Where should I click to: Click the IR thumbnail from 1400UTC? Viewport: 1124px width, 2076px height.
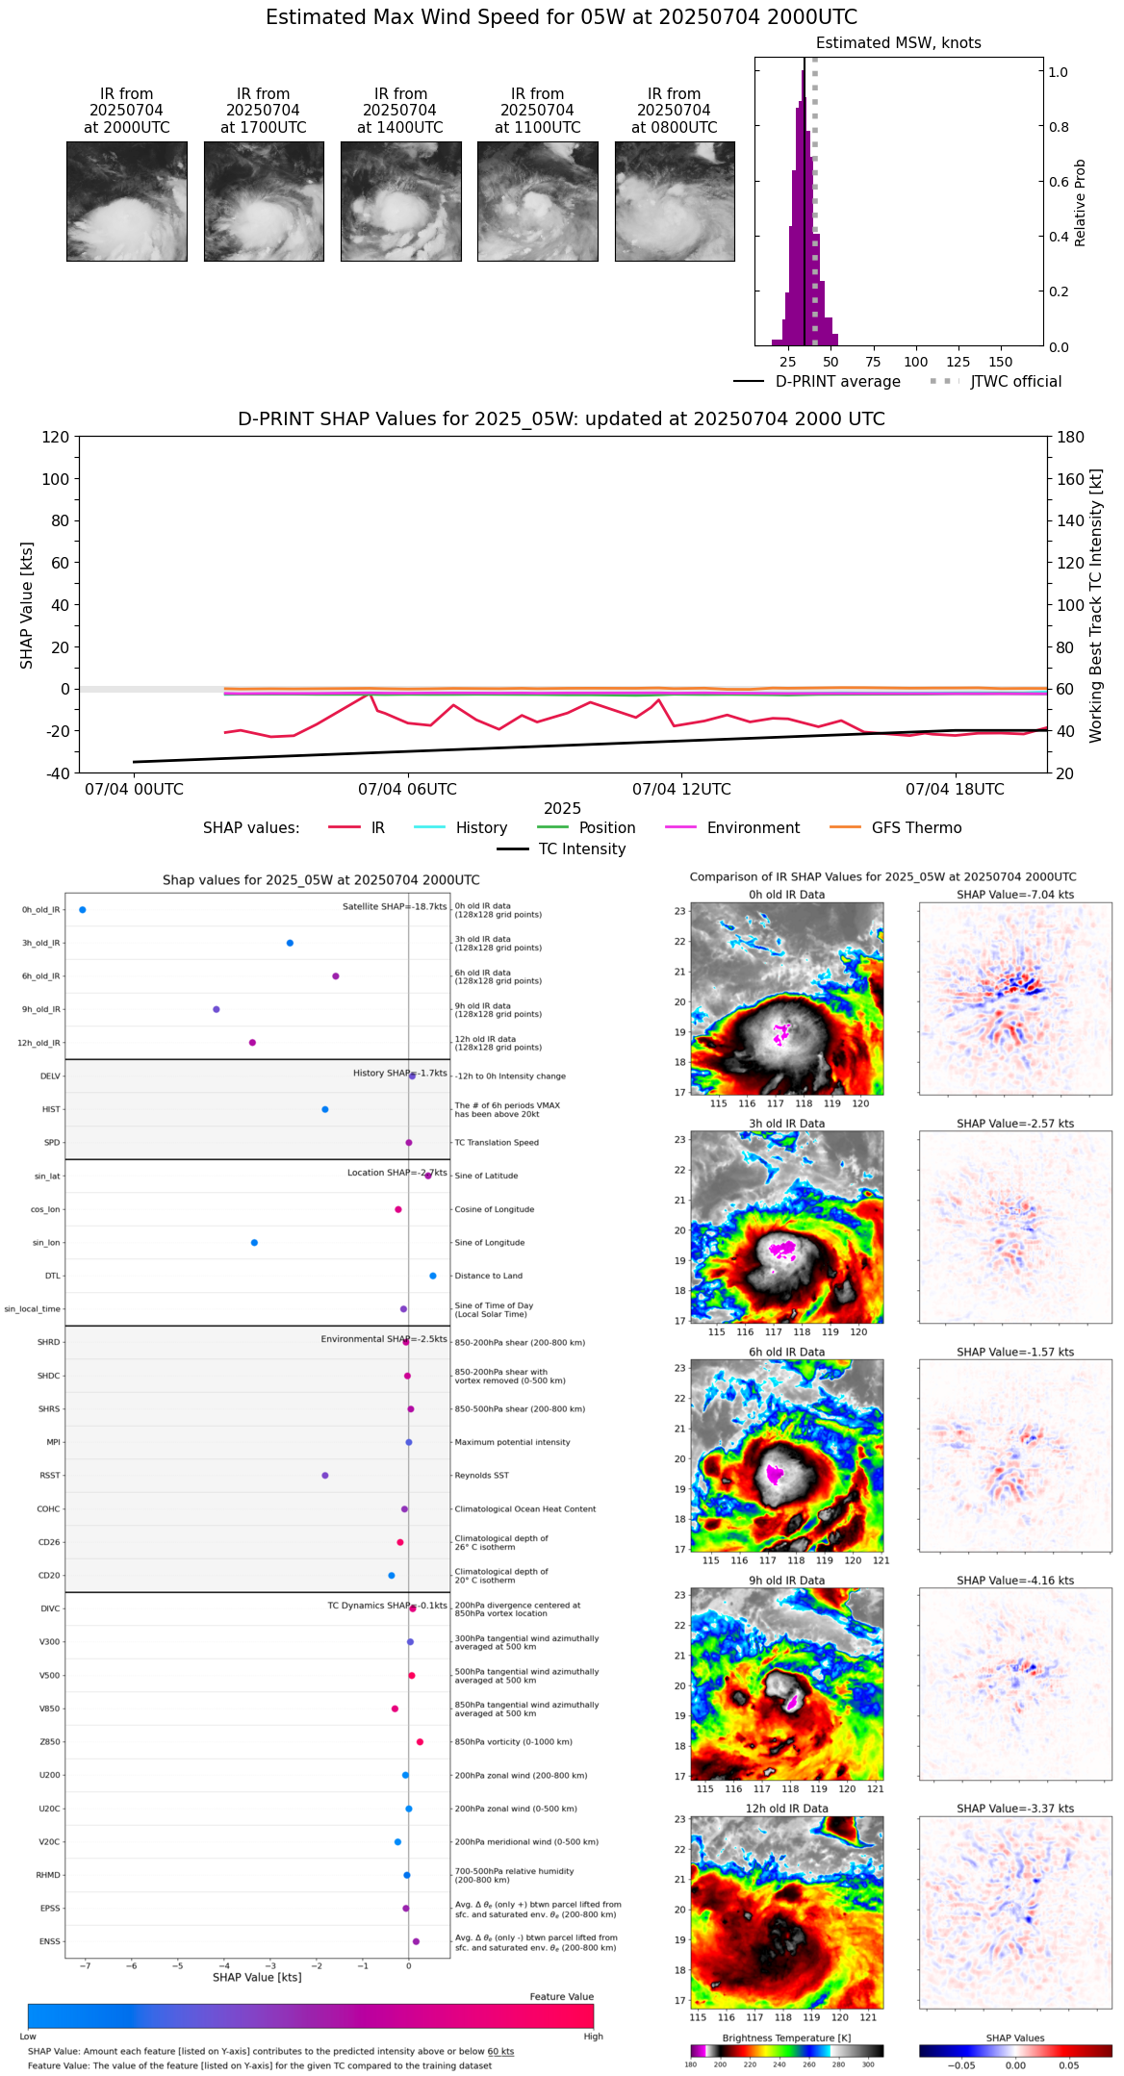tap(400, 201)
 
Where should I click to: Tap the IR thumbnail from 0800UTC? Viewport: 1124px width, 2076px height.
tap(675, 201)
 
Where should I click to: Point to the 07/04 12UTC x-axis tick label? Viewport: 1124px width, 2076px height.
tap(681, 790)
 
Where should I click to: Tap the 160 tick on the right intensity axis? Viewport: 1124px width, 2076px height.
tap(1071, 479)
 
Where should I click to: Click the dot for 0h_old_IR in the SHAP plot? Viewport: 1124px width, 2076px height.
tap(83, 910)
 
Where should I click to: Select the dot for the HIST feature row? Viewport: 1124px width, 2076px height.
tap(325, 1110)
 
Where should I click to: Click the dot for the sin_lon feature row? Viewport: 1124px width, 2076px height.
tap(254, 1243)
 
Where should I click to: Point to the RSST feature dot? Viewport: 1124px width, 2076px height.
tap(325, 1476)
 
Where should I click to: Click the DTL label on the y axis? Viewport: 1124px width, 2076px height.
tap(52, 1277)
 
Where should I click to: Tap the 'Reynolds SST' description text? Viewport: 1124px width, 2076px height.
tap(481, 1476)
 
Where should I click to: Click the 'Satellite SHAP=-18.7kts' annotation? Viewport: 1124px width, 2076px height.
tap(395, 907)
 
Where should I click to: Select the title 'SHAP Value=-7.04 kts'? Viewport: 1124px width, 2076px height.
tap(1015, 895)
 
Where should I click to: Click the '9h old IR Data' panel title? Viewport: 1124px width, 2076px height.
tap(786, 1581)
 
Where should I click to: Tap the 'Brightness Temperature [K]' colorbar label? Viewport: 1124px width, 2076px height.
tap(786, 2038)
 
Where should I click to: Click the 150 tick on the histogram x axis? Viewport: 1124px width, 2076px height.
tap(1001, 363)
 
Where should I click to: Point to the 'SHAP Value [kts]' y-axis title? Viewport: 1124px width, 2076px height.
tap(27, 605)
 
